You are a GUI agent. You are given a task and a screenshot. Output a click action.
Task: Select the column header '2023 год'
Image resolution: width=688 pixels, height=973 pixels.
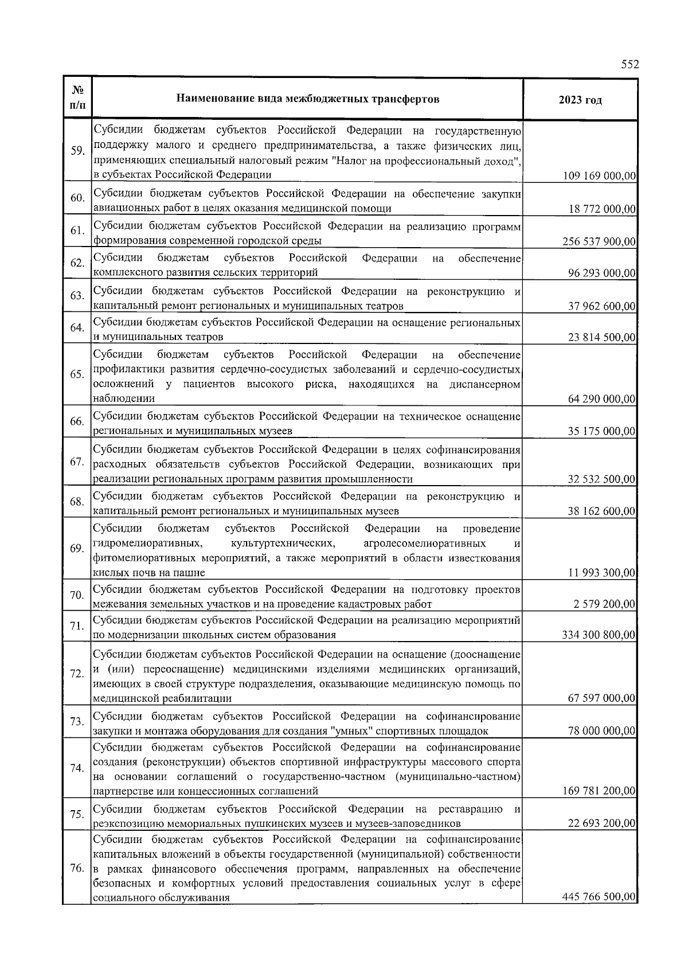pyautogui.click(x=580, y=100)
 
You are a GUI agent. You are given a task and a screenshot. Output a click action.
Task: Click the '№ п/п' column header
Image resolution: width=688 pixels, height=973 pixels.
pyautogui.click(x=77, y=99)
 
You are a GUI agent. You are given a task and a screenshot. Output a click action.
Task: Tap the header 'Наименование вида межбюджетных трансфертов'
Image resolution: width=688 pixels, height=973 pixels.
pyautogui.click(x=307, y=99)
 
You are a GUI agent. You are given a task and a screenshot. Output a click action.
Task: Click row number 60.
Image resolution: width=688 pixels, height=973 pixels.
pyautogui.click(x=77, y=198)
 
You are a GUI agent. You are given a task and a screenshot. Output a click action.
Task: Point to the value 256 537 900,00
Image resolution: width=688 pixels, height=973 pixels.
pyautogui.click(x=599, y=241)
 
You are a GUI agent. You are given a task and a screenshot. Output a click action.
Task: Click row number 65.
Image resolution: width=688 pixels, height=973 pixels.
pyautogui.click(x=77, y=374)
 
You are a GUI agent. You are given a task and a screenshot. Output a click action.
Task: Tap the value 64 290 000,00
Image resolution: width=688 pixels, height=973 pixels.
pyautogui.click(x=602, y=399)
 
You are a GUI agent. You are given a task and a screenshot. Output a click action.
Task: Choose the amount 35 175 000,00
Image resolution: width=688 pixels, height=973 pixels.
pyautogui.click(x=602, y=431)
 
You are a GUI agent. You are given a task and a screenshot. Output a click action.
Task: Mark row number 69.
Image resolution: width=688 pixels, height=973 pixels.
pyautogui.click(x=77, y=549)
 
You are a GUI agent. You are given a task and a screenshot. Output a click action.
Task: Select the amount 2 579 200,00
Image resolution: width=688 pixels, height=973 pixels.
pyautogui.click(x=604, y=604)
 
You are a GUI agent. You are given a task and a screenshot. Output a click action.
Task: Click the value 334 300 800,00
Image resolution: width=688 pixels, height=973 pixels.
pyautogui.click(x=599, y=635)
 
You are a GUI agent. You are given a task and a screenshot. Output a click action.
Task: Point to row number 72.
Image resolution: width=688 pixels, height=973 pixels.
pyautogui.click(x=77, y=674)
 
